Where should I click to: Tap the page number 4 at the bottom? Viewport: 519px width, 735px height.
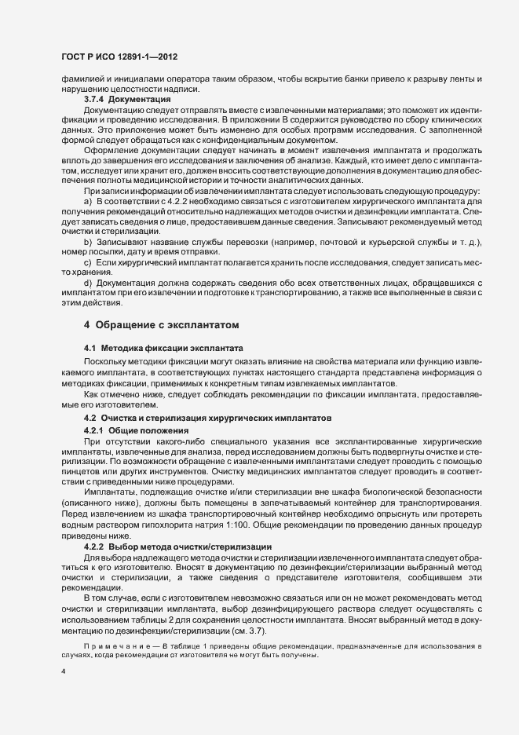click(63, 672)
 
